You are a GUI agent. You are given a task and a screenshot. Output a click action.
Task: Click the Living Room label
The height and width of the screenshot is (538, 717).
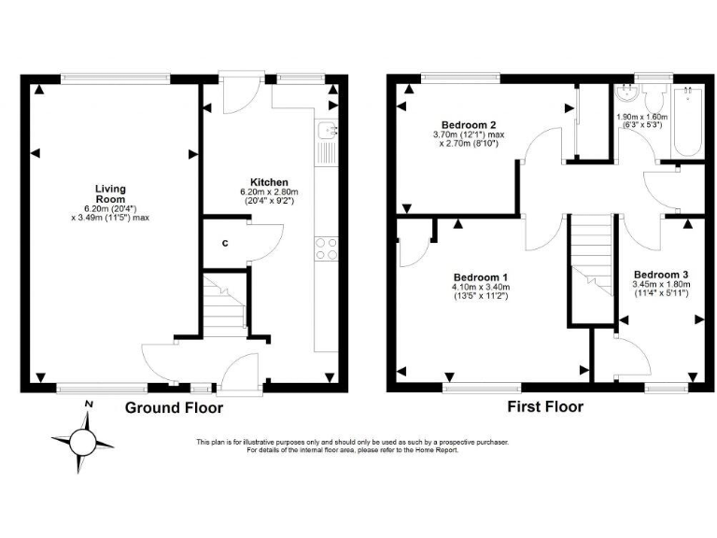(x=110, y=193)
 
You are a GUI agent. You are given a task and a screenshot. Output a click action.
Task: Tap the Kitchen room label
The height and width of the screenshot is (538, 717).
(x=269, y=182)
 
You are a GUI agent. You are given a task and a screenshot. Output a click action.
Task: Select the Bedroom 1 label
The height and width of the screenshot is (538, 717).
(x=481, y=277)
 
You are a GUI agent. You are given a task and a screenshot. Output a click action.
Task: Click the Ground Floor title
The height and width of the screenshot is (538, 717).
(x=175, y=407)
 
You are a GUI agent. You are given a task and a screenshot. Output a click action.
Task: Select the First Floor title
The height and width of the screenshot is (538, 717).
(x=545, y=406)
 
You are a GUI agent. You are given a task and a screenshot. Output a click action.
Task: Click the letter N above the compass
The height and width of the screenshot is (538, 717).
(x=88, y=403)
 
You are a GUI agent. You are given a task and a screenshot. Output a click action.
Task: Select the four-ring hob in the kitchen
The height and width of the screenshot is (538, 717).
(x=328, y=248)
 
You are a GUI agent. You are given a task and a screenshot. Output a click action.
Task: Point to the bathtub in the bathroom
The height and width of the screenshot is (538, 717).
(x=688, y=121)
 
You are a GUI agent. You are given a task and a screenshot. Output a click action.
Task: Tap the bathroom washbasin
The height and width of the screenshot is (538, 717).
(x=626, y=94)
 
